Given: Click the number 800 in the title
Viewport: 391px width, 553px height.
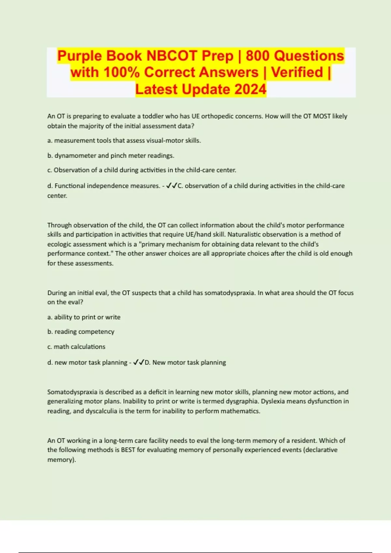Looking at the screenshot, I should (258, 56).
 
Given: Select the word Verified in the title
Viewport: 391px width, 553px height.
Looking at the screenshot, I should (297, 72).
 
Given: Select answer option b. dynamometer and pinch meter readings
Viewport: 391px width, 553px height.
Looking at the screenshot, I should (111, 155).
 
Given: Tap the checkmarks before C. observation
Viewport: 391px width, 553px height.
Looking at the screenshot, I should (171, 186).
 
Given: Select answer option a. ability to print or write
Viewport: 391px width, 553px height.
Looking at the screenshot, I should (84, 317).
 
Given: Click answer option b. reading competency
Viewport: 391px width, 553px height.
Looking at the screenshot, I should (81, 331).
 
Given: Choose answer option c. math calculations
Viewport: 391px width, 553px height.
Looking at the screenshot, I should (76, 346).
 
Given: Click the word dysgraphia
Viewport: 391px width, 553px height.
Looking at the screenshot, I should (242, 401).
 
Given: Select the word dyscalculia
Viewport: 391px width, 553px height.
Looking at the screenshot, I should (101, 411).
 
